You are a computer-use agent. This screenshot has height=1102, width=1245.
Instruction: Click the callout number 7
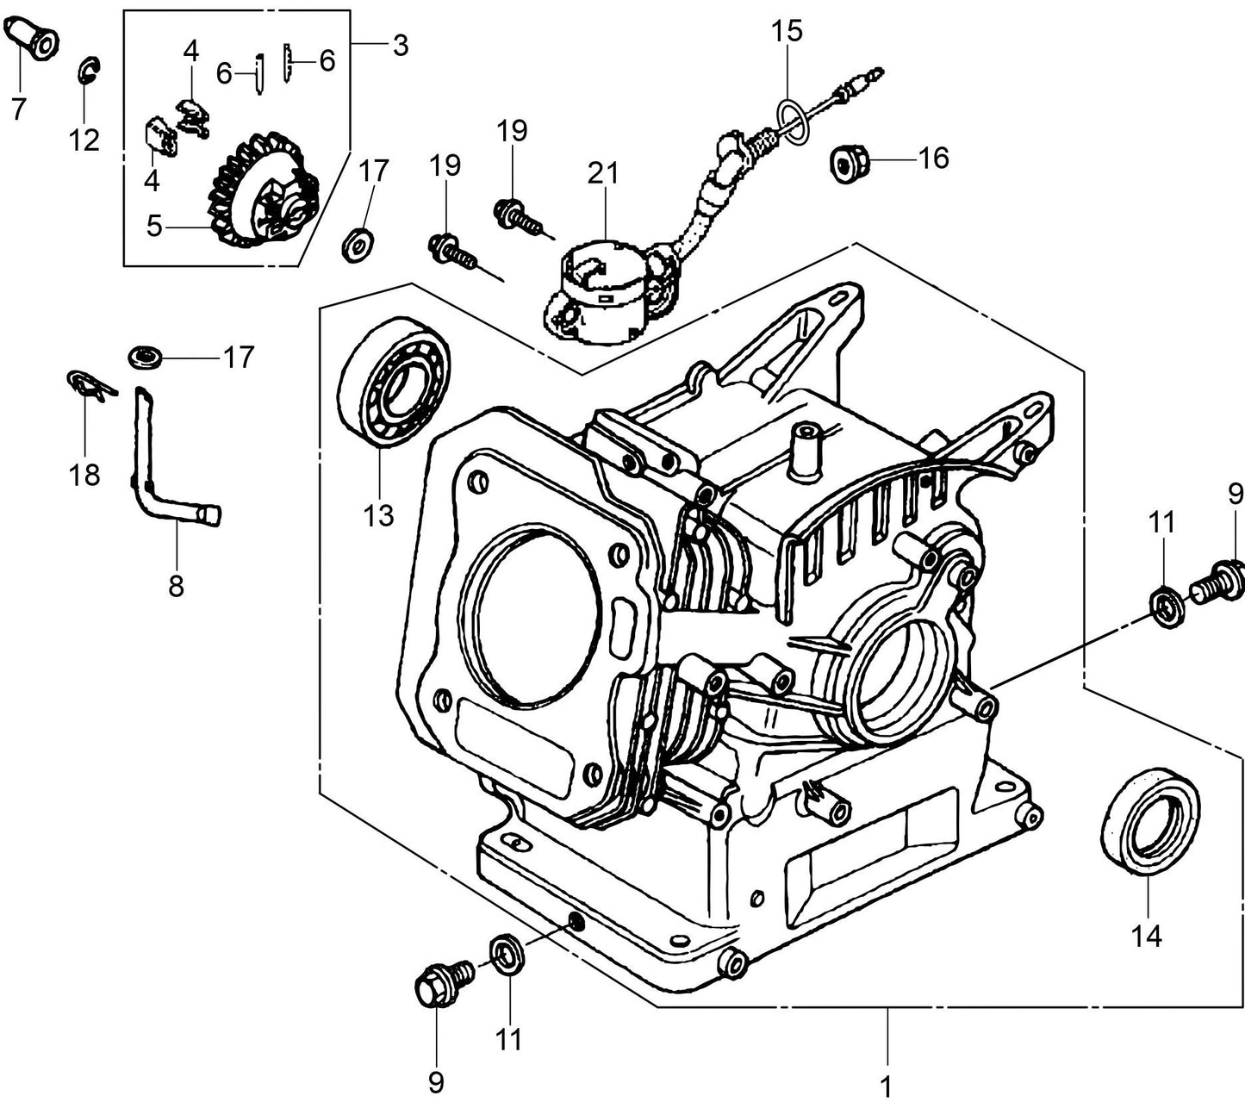[x=18, y=109]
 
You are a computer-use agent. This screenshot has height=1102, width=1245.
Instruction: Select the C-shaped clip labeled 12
[x=88, y=70]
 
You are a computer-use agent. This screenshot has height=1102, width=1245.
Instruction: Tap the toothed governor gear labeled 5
[x=258, y=192]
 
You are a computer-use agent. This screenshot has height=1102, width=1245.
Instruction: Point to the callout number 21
[x=603, y=173]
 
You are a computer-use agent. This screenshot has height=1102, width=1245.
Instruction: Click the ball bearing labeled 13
[x=395, y=381]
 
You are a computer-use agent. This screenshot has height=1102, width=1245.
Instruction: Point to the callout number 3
[x=400, y=45]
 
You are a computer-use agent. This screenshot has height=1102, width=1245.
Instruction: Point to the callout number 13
[x=378, y=514]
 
